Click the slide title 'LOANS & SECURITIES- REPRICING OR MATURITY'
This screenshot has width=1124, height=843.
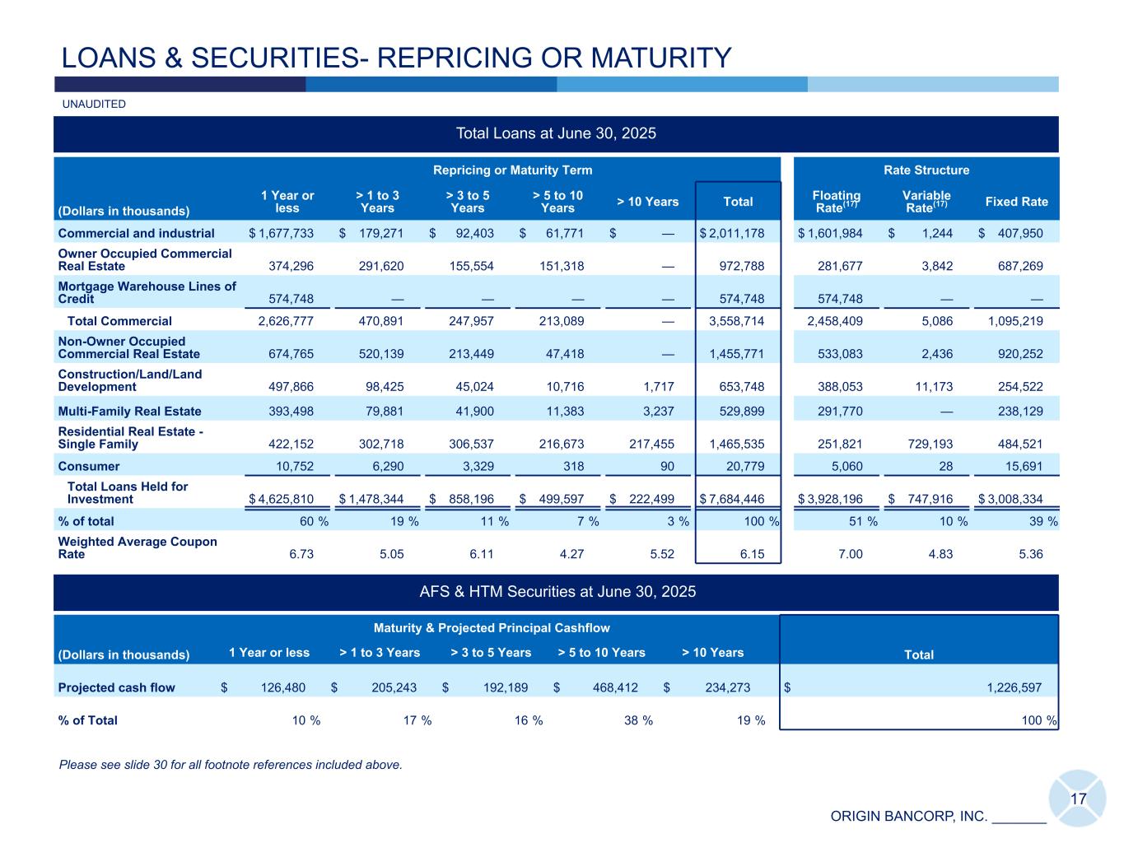[396, 58]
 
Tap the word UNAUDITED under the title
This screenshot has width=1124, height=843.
[94, 105]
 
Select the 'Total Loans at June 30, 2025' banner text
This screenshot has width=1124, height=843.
[556, 133]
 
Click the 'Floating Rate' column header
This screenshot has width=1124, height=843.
[836, 201]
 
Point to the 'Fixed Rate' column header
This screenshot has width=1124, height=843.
[1016, 202]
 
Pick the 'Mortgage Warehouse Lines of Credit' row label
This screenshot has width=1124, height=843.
[147, 292]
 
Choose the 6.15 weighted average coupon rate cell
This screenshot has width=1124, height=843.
[752, 555]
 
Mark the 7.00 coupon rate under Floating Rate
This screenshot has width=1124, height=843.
[850, 555]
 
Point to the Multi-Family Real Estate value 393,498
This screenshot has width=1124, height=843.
[286, 412]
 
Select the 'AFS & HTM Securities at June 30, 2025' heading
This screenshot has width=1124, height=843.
[556, 592]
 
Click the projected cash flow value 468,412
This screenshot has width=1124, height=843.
[613, 688]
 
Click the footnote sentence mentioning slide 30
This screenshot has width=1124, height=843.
[231, 766]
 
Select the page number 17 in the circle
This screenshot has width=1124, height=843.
[1078, 799]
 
